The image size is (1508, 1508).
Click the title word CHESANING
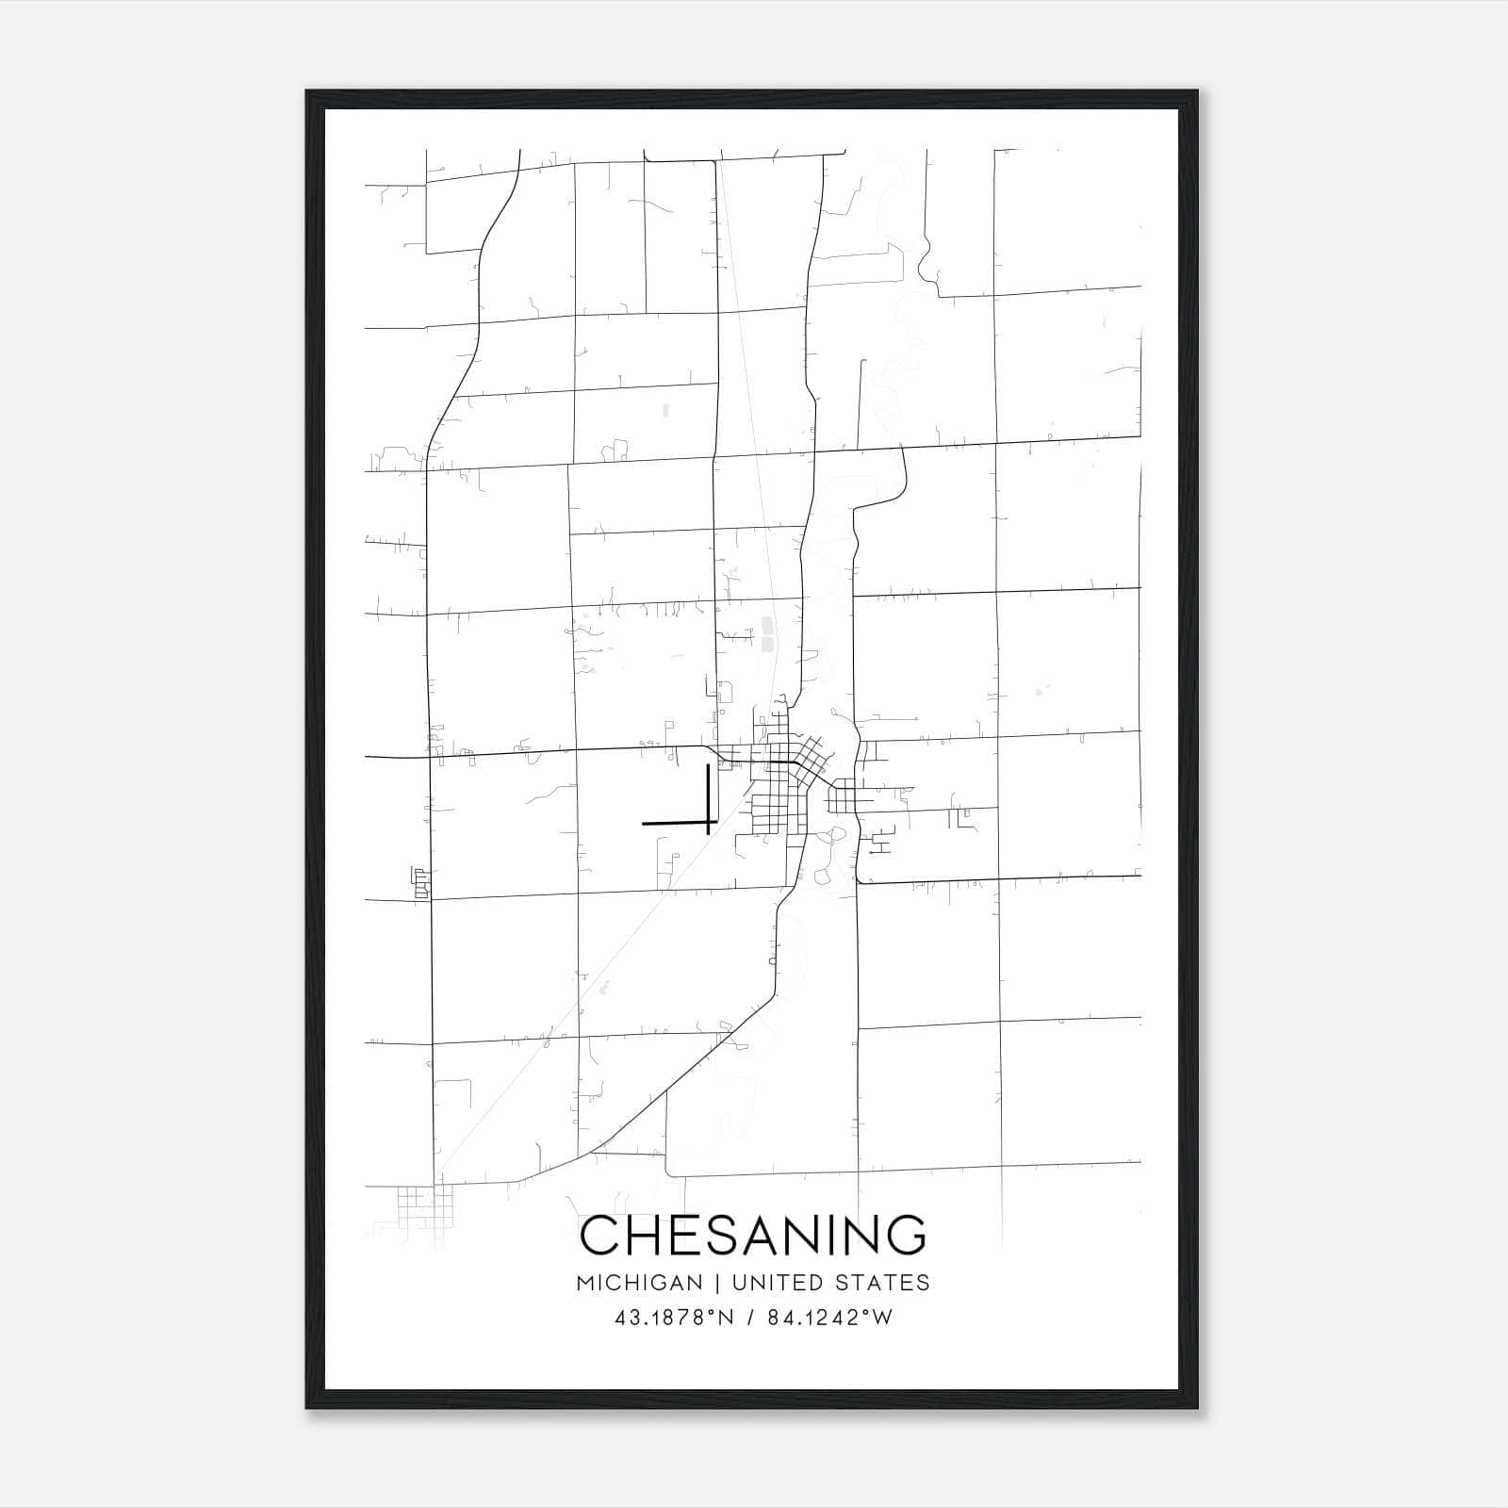click(753, 1236)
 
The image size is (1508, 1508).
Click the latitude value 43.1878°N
click(674, 1319)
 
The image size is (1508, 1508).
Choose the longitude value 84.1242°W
click(829, 1319)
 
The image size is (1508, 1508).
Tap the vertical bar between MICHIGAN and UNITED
click(717, 1283)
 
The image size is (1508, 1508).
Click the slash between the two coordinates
click(750, 1319)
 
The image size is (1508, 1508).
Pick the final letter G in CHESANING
click(905, 1236)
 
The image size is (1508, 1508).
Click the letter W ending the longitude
click(882, 1319)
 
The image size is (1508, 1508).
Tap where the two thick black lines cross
click(708, 823)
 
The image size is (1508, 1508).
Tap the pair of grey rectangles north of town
click(766, 634)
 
